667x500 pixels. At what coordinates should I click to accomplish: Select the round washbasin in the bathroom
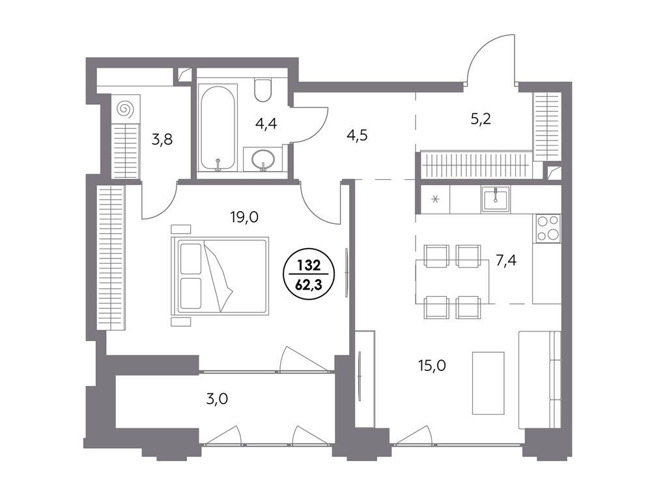(264, 159)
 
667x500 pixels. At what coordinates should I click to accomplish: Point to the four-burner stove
(547, 228)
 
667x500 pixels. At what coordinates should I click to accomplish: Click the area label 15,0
(432, 366)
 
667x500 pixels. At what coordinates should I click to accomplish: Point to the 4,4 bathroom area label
(266, 124)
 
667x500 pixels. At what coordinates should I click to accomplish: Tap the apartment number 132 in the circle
(309, 266)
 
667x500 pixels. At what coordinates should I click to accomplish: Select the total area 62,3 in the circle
(309, 284)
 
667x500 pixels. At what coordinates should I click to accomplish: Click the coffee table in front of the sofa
(488, 382)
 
